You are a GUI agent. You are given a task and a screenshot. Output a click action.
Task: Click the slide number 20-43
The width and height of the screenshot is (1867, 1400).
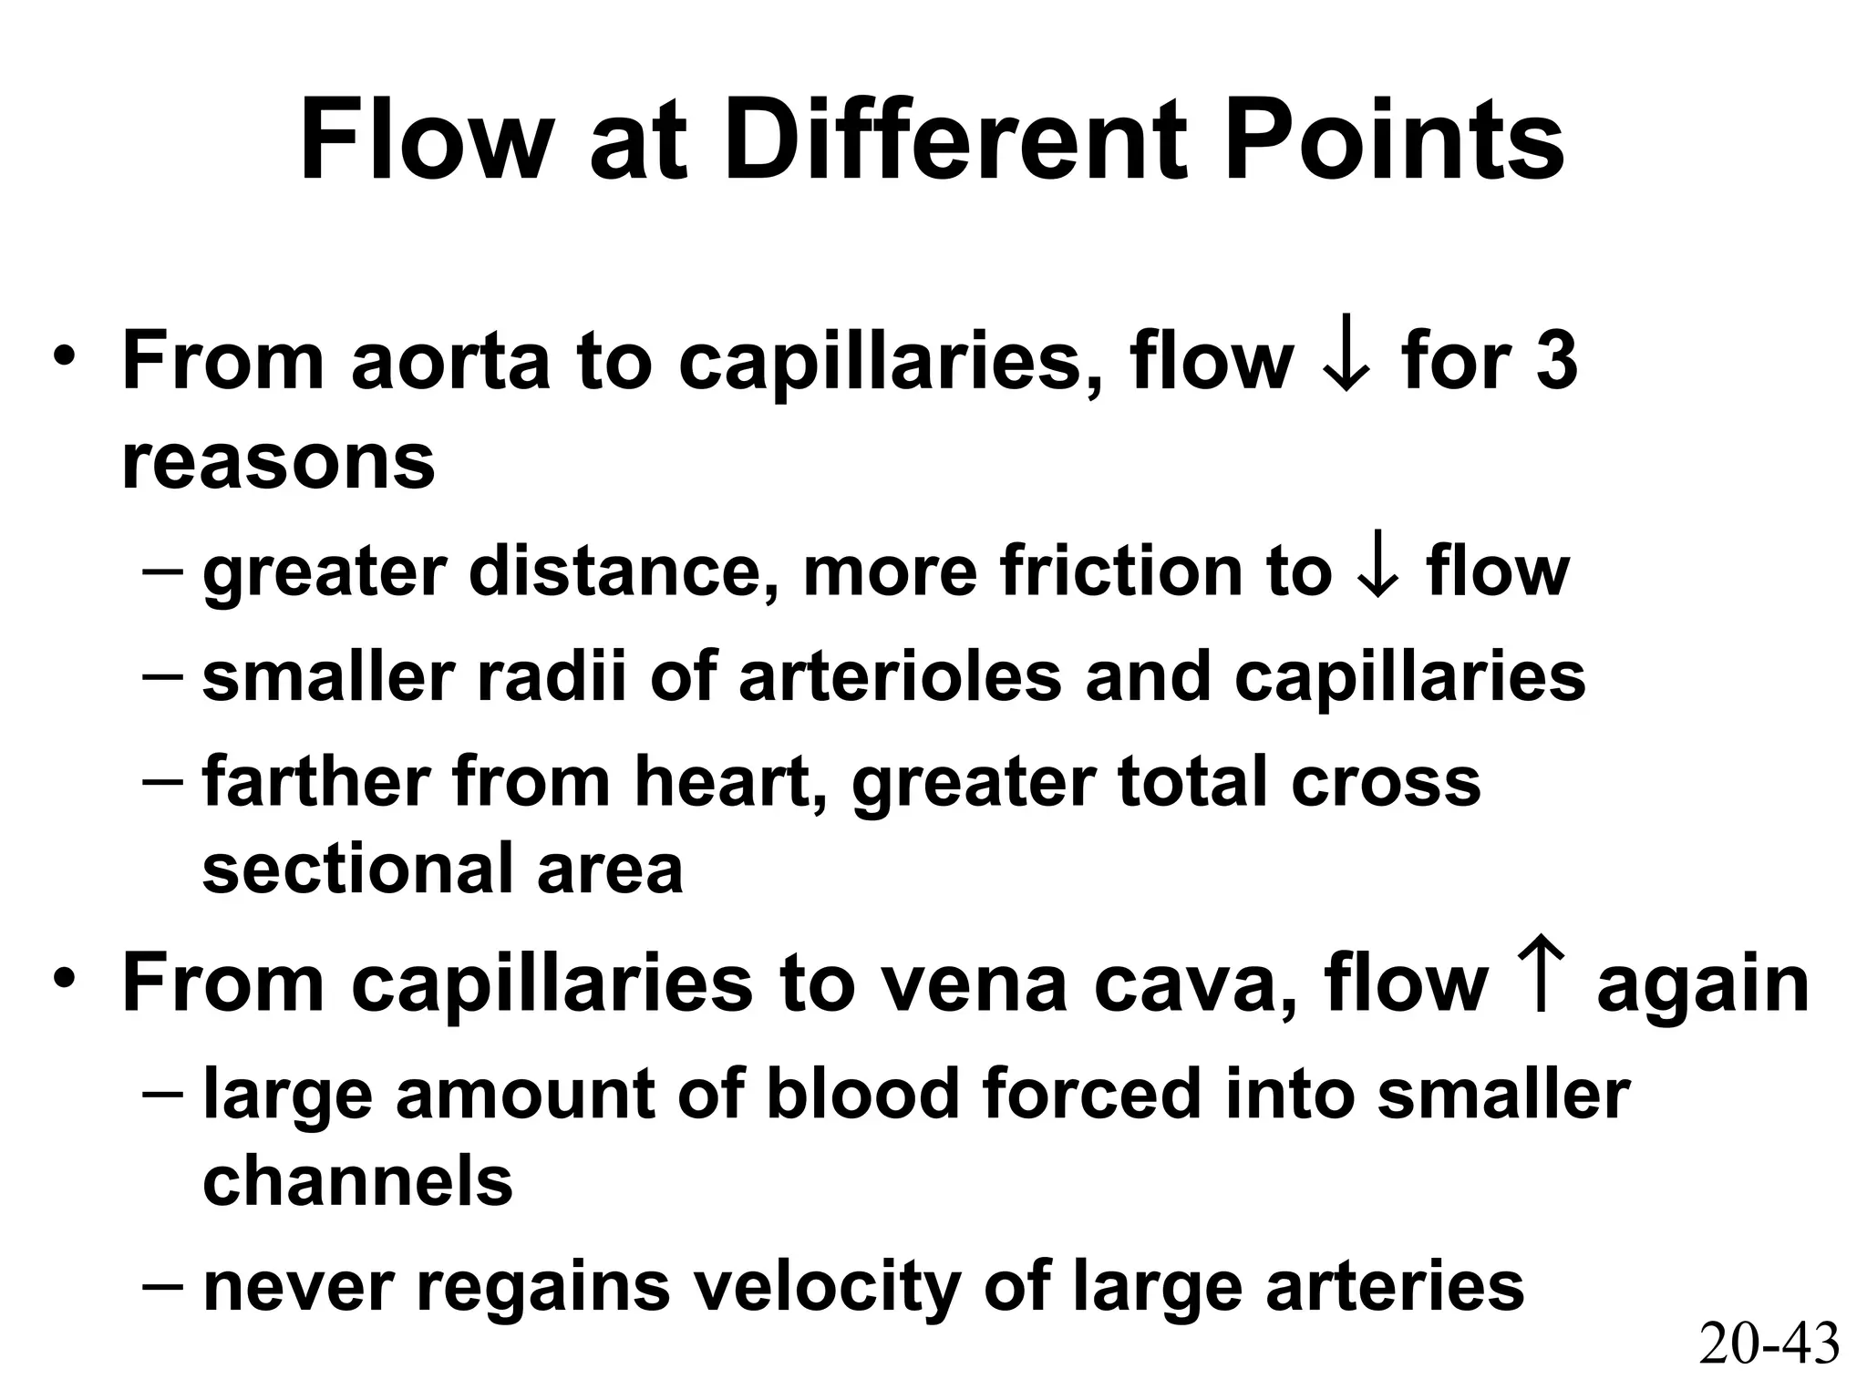click(1769, 1344)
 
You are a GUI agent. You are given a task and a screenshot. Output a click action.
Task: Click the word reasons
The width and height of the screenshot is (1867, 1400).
click(278, 461)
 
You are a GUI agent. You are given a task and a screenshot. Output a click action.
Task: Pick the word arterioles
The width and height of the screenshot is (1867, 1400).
click(900, 676)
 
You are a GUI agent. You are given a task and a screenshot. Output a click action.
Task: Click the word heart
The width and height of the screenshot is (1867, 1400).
click(730, 781)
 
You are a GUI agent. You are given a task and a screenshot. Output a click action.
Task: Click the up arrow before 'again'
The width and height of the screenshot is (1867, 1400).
click(1542, 983)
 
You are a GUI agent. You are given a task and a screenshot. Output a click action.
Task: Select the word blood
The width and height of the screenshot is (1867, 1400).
click(863, 1093)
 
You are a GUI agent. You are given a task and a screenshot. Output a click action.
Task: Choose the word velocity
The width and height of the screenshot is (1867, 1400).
click(826, 1287)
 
